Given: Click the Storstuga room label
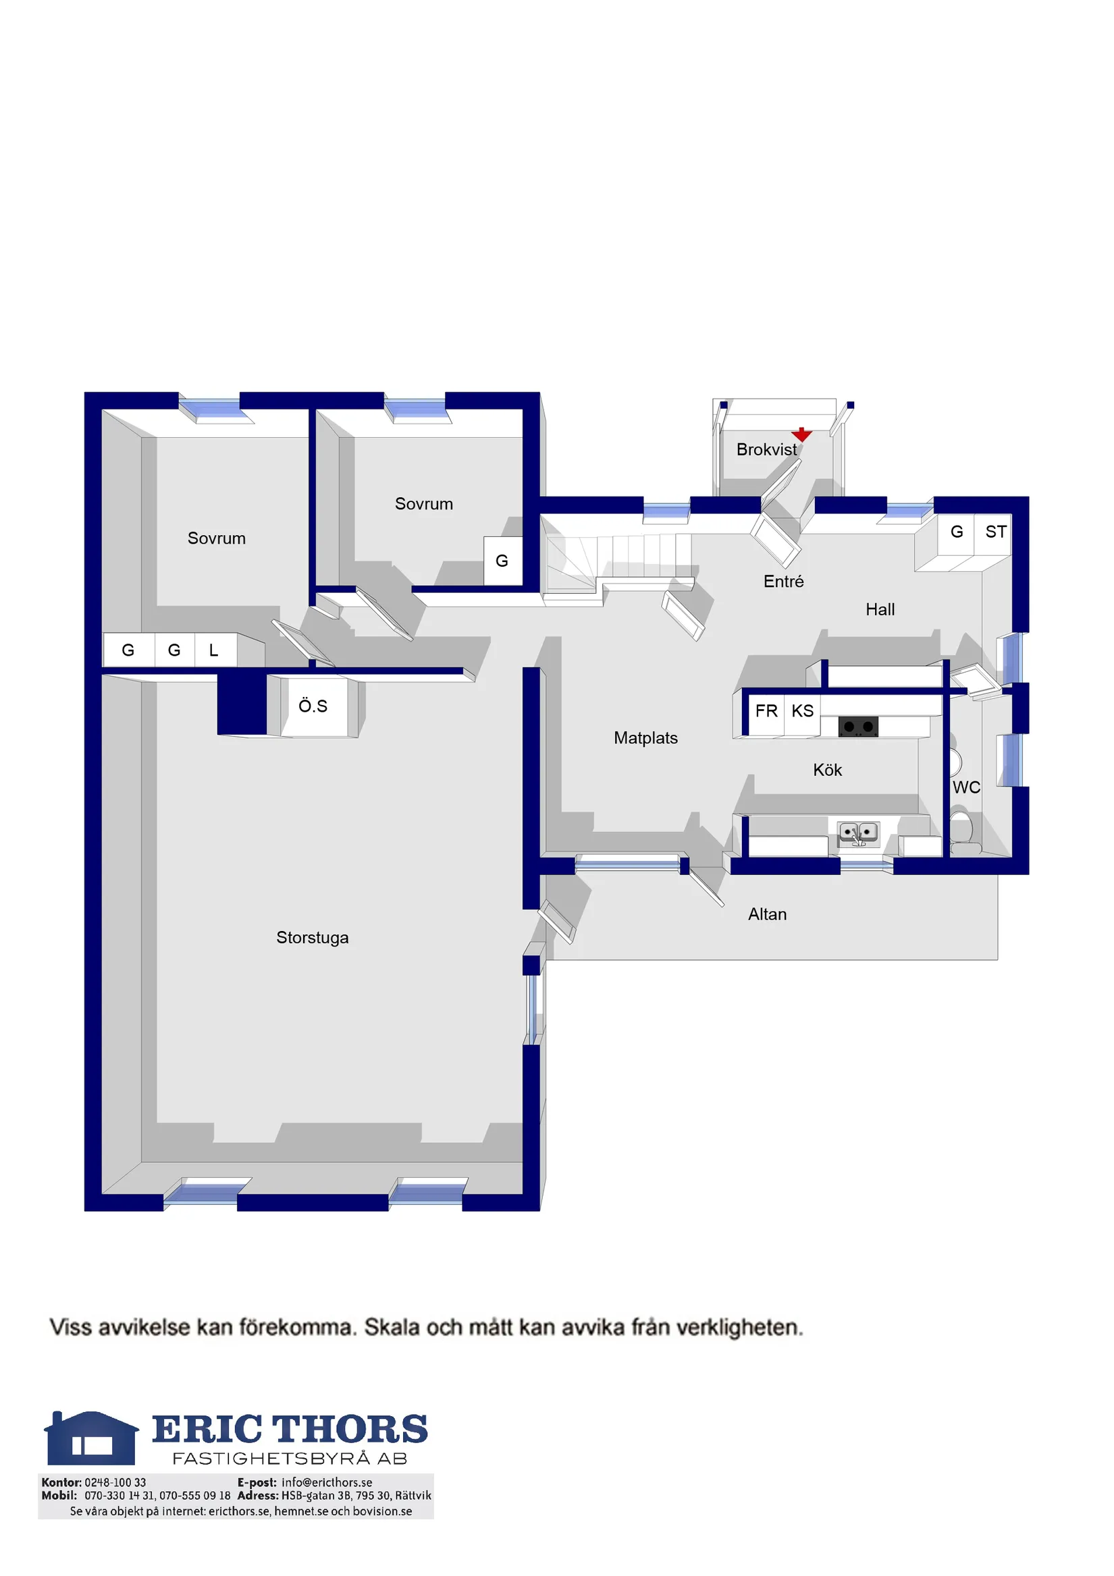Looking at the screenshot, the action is pyautogui.click(x=312, y=938).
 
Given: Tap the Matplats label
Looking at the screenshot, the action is pyautogui.click(x=645, y=738).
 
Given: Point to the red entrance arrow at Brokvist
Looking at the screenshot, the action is pyautogui.click(x=801, y=434).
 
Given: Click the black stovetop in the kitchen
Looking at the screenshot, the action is pyautogui.click(x=858, y=725).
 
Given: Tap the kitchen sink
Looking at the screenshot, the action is pyautogui.click(x=859, y=833).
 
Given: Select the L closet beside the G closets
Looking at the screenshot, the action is pyautogui.click(x=215, y=649).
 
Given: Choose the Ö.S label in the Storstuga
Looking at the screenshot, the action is pyautogui.click(x=313, y=706).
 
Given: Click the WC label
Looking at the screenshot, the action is pyautogui.click(x=966, y=787).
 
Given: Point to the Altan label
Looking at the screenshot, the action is pyautogui.click(x=767, y=914).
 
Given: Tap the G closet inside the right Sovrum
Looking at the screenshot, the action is pyautogui.click(x=502, y=561).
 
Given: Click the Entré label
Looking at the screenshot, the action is pyautogui.click(x=783, y=582).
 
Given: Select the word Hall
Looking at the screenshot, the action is pyautogui.click(x=880, y=609).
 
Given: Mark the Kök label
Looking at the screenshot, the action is pyautogui.click(x=827, y=770).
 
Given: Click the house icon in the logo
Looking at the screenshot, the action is pyautogui.click(x=91, y=1438).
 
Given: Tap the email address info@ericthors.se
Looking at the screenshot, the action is pyautogui.click(x=327, y=1483).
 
